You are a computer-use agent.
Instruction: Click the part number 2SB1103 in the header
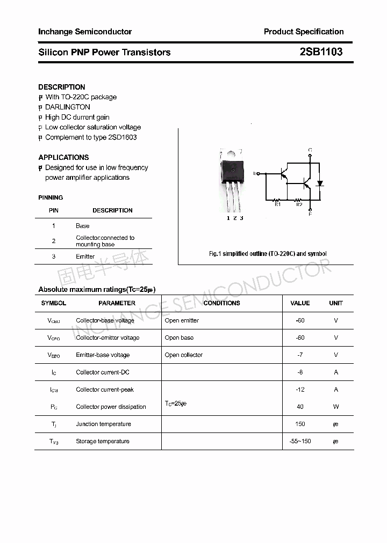(x=321, y=52)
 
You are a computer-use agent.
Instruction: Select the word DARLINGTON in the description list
(x=68, y=107)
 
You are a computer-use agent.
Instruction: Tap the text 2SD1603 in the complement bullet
(x=122, y=137)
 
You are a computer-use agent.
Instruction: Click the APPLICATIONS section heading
(x=63, y=157)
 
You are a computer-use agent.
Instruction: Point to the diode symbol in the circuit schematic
(x=320, y=184)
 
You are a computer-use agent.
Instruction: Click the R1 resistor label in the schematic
(x=278, y=204)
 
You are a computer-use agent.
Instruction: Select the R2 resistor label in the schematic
(x=299, y=204)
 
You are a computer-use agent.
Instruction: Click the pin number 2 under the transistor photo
(x=235, y=218)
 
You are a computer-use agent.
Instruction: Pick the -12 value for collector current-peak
(x=300, y=390)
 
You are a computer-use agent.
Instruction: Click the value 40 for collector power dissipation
(x=300, y=407)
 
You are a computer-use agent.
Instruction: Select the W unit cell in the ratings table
(x=336, y=407)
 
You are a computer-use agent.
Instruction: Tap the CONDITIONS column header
(x=221, y=303)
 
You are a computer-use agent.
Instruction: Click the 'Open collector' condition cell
(x=184, y=355)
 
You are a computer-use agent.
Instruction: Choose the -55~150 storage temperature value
(x=300, y=441)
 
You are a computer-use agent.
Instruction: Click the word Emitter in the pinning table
(x=85, y=256)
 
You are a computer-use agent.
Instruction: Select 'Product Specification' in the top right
(x=304, y=32)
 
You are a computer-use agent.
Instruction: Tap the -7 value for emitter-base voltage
(x=300, y=355)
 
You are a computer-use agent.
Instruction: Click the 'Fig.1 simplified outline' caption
(x=268, y=254)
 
